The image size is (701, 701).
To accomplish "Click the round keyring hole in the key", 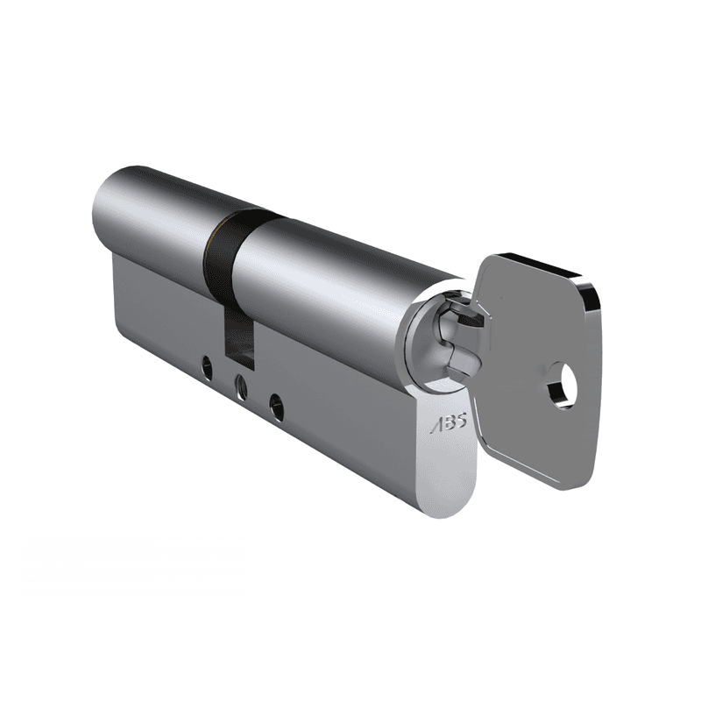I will tap(562, 388).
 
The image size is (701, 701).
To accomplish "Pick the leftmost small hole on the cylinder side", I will tap(206, 369).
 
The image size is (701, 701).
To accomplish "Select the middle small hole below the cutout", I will tap(240, 385).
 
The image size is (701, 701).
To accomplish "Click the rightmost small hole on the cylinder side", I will tap(277, 404).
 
